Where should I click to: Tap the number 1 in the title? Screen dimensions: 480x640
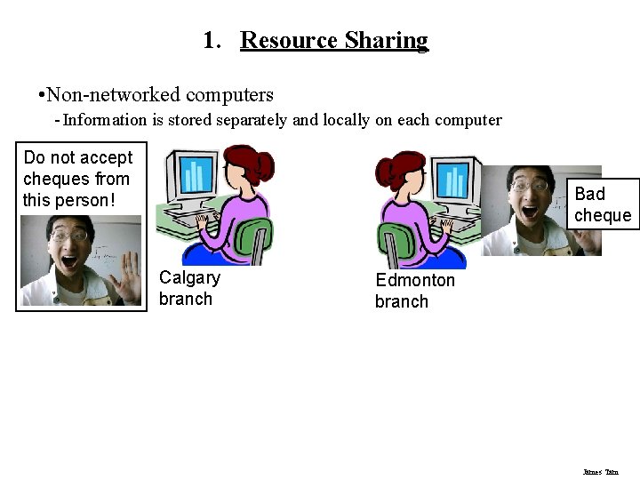pyautogui.click(x=209, y=41)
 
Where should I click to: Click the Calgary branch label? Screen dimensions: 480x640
pyautogui.click(x=189, y=287)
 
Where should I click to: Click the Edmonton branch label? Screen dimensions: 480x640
pyautogui.click(x=414, y=291)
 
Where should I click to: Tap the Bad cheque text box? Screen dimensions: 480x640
pyautogui.click(x=603, y=204)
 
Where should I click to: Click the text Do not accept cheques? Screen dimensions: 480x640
pyautogui.click(x=78, y=179)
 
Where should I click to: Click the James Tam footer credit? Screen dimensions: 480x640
pyautogui.click(x=601, y=472)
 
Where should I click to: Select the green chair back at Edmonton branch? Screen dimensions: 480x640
pyautogui.click(x=396, y=242)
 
